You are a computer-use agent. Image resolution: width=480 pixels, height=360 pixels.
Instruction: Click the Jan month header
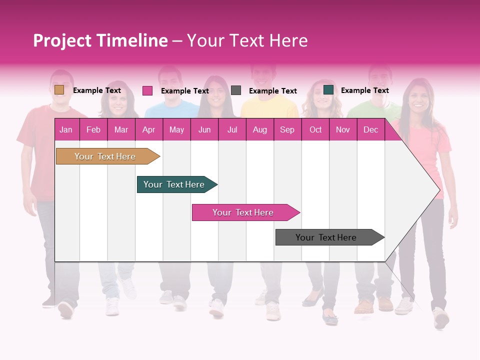pos(66,129)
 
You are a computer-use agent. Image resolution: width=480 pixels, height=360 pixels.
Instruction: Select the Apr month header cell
pos(148,129)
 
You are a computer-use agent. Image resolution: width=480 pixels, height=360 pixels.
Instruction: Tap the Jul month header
pos(232,129)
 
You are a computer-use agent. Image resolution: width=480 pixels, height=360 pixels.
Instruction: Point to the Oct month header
pos(315,129)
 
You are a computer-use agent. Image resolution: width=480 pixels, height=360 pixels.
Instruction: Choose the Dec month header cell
pos(370,129)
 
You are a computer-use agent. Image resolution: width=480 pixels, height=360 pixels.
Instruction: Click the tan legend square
pos(59,90)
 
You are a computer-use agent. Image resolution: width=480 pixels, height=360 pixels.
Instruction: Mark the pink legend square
pos(147,90)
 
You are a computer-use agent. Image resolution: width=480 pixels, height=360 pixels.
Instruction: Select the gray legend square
pos(236,90)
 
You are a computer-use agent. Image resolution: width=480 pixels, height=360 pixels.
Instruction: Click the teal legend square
pos(328,90)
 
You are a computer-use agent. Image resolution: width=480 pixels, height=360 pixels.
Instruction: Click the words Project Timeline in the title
pos(100,40)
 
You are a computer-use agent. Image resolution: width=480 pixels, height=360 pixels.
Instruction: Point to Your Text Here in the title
pos(247,40)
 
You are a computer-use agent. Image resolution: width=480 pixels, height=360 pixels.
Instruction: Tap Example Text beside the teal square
pos(364,90)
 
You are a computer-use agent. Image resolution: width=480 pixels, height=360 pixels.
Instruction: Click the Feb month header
pos(93,129)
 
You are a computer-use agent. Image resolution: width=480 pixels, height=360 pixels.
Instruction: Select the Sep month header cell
pos(287,129)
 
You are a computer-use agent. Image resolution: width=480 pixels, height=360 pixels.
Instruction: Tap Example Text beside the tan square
pos(97,90)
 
